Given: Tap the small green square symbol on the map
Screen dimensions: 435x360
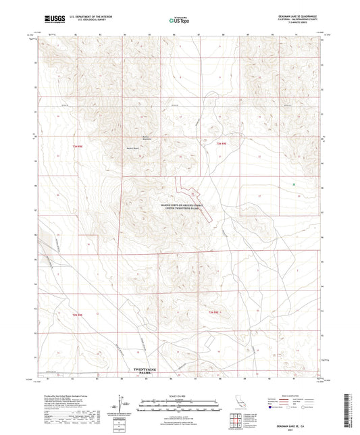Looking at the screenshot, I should [294, 184].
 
